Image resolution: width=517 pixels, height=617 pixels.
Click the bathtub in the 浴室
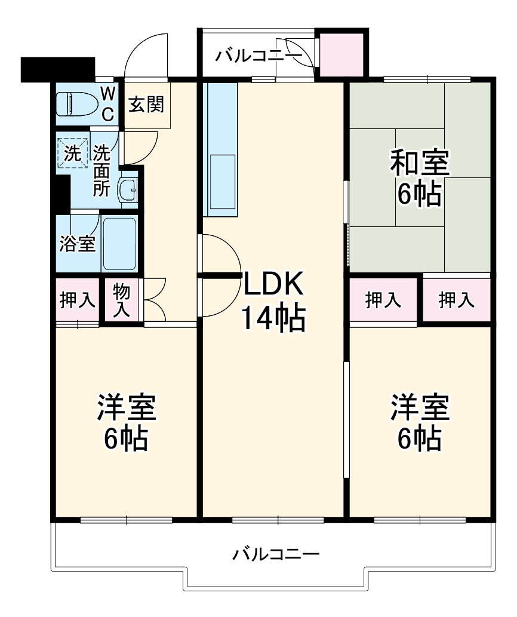point(119,244)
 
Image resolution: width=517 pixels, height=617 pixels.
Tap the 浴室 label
point(78,244)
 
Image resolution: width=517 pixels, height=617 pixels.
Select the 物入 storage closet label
point(122,300)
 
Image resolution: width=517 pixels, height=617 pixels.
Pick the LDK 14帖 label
point(273,302)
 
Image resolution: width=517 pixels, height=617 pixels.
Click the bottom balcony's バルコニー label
point(276,554)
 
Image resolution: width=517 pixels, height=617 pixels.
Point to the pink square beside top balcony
point(341,54)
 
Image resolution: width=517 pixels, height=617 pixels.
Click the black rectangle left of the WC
point(58,69)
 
